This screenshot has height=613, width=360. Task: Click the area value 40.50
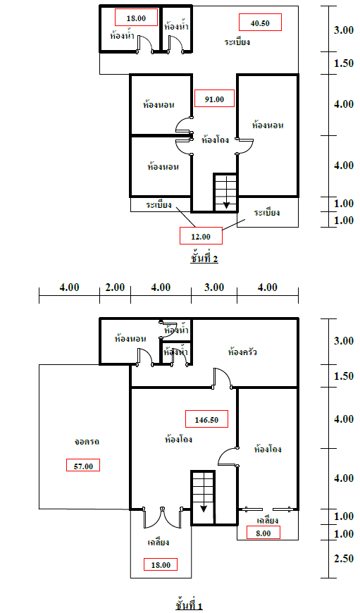click(260, 23)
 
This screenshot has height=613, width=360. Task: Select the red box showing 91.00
click(214, 99)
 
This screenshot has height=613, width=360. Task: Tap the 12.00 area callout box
click(201, 236)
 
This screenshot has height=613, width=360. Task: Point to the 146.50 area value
click(206, 419)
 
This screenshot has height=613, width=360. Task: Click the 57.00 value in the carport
click(83, 465)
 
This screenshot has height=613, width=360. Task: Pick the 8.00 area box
click(263, 533)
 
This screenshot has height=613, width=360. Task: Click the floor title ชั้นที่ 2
click(204, 259)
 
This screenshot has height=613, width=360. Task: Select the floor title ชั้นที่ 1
click(190, 605)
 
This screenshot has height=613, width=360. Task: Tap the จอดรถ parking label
click(87, 441)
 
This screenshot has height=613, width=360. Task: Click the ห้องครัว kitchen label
click(242, 352)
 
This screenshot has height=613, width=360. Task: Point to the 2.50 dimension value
click(344, 558)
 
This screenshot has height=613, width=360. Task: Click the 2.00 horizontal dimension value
click(115, 287)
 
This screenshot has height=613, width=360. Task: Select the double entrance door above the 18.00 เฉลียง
click(163, 517)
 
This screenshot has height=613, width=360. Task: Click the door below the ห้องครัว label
click(222, 378)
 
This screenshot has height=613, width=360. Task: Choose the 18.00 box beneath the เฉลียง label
click(160, 564)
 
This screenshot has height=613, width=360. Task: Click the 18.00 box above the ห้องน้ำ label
click(136, 18)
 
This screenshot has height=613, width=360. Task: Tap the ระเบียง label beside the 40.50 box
click(237, 42)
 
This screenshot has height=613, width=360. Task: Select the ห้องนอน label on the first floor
click(130, 338)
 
